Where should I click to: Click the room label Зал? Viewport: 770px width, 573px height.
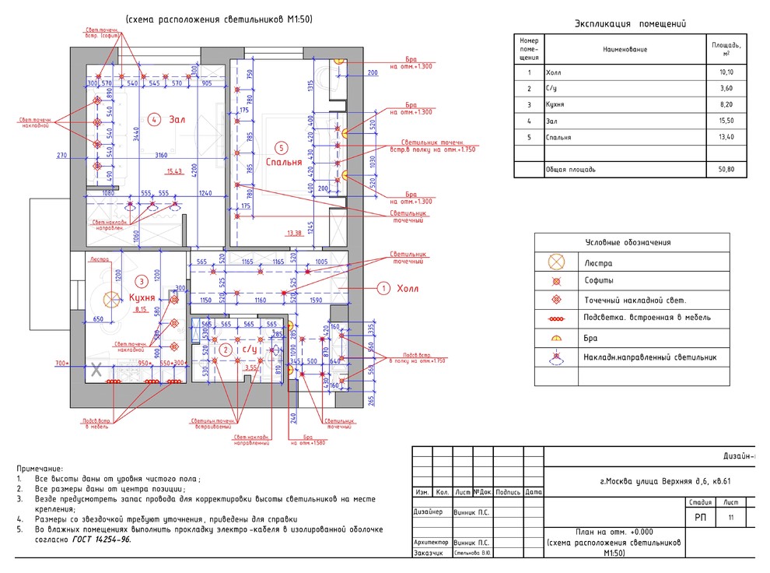[x=177, y=119]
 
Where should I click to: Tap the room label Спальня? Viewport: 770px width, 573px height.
[x=283, y=163]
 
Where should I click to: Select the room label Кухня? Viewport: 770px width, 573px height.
[x=144, y=297]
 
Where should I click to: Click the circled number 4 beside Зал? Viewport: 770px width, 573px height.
[x=155, y=119]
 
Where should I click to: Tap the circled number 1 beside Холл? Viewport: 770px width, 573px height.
[x=383, y=288]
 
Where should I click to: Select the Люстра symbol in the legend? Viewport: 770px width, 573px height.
[x=556, y=263]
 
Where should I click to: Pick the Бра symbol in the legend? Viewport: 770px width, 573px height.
[x=556, y=339]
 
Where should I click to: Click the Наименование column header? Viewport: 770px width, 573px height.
[x=625, y=49]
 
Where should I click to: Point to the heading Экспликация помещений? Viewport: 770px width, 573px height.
[x=630, y=23]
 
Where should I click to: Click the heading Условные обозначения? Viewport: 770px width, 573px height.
[x=632, y=243]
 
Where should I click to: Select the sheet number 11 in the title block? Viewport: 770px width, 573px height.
[x=730, y=517]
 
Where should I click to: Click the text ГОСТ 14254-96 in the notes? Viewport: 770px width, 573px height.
[x=101, y=539]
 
